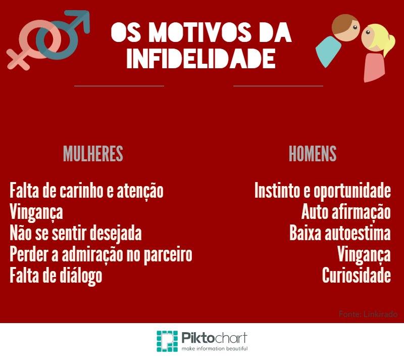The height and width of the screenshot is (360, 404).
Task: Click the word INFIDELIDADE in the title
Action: (x=201, y=58)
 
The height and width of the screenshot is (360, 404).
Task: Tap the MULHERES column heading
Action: (x=93, y=154)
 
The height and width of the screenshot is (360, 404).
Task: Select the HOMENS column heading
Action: (x=313, y=154)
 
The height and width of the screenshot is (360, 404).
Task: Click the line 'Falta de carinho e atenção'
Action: (x=86, y=191)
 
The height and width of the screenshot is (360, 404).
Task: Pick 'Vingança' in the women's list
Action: (x=36, y=212)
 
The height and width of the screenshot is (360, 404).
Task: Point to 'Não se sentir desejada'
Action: (x=75, y=234)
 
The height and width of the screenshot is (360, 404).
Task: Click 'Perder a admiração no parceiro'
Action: (x=101, y=255)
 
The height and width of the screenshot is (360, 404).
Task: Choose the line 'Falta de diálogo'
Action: (x=56, y=276)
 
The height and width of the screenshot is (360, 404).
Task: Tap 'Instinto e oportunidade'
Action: (x=323, y=191)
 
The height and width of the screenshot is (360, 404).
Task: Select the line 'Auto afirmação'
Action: (x=346, y=212)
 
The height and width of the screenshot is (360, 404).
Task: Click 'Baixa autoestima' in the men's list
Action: (x=340, y=234)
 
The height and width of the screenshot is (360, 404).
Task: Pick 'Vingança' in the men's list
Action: (x=364, y=255)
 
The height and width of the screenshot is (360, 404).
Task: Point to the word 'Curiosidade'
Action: (x=356, y=276)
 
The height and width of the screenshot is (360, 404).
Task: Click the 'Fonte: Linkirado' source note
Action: (x=368, y=314)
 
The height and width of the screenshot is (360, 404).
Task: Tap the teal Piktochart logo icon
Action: (x=167, y=342)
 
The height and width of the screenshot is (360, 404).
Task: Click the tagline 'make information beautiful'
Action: (x=215, y=349)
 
